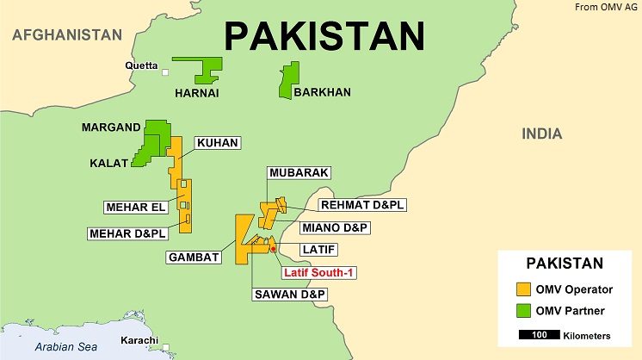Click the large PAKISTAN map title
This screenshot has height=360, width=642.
[324, 35]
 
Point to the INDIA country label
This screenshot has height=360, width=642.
[541, 133]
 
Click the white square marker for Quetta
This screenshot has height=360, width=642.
[165, 72]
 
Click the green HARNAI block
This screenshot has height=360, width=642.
[200, 69]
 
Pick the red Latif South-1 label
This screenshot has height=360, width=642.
[320, 272]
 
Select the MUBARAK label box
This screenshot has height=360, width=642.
[299, 173]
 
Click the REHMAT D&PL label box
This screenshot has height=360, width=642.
[361, 206]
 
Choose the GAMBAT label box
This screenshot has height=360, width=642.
[194, 257]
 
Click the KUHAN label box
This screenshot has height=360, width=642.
[217, 143]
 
